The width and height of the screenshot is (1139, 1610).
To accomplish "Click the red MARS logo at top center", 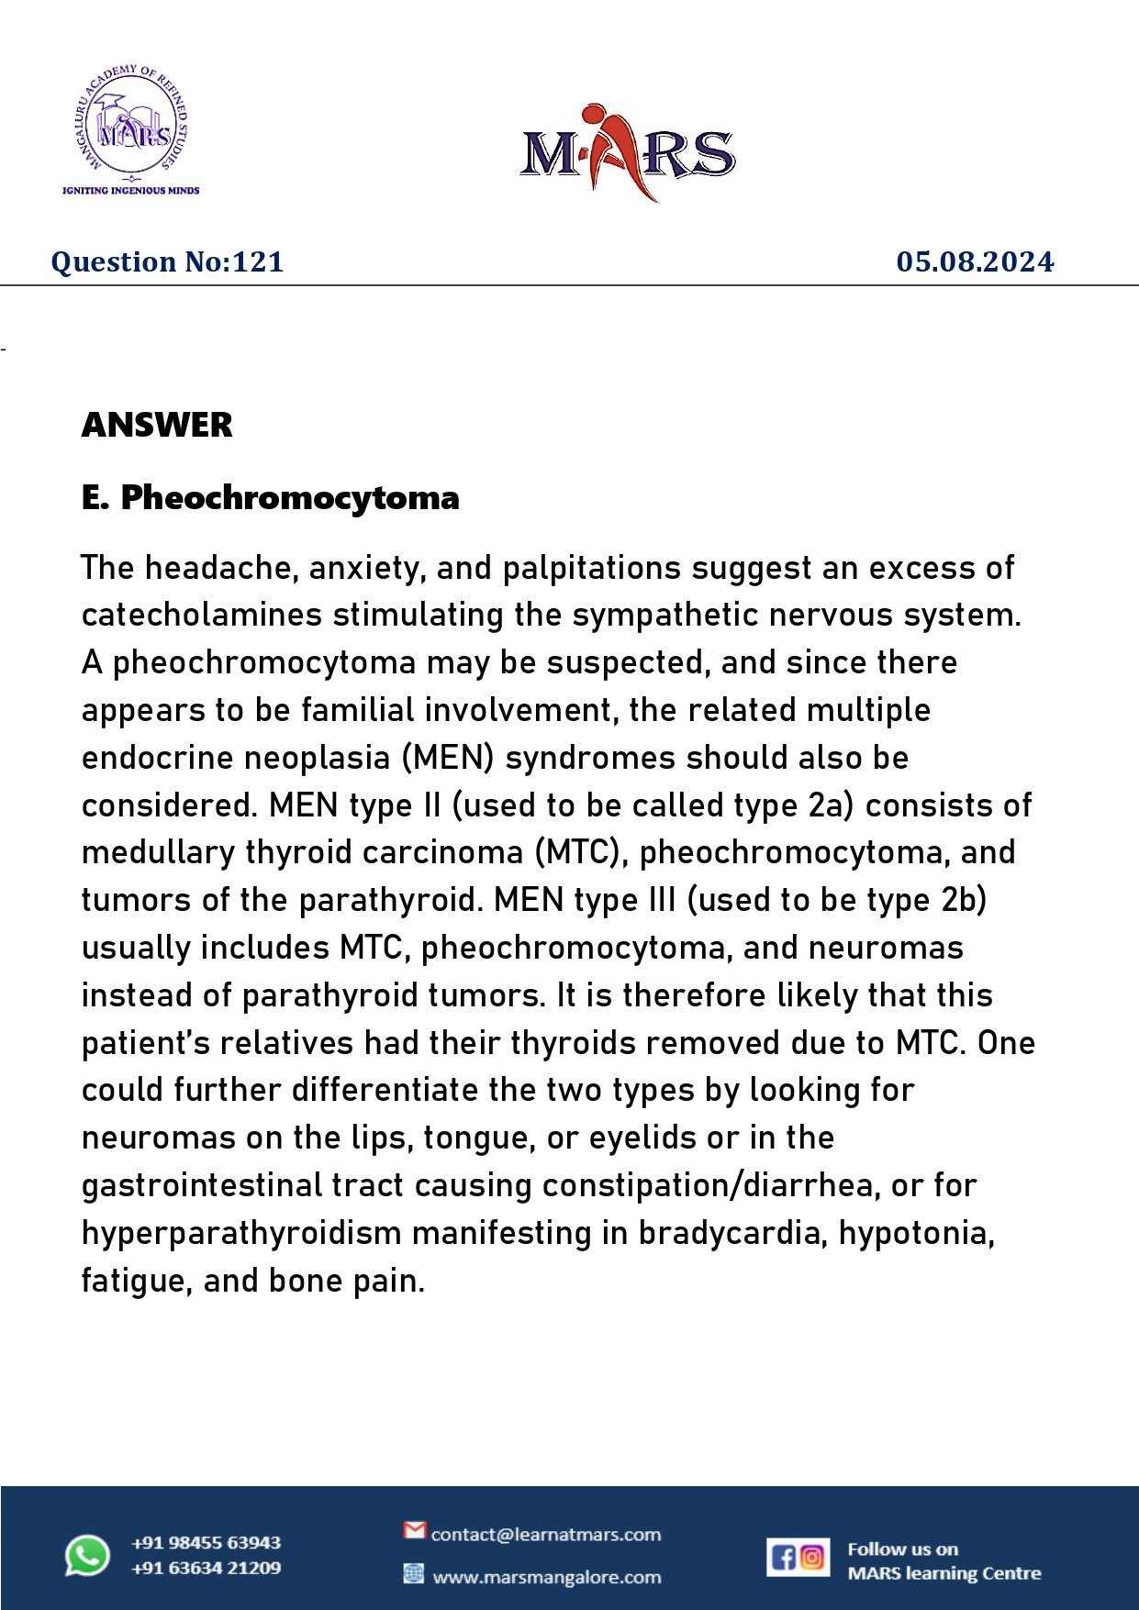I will [x=628, y=152].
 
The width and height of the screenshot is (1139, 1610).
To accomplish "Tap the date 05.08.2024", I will [x=975, y=262].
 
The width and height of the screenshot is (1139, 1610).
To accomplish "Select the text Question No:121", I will [x=167, y=262].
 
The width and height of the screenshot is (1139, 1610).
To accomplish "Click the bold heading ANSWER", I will [x=157, y=425].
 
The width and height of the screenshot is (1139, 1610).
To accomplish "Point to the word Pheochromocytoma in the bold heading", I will [x=290, y=497].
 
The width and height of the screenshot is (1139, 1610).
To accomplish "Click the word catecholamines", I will [x=201, y=615].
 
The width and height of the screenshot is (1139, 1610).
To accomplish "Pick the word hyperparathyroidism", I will [x=241, y=1233].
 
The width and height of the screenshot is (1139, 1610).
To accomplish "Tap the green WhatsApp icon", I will [x=87, y=1556].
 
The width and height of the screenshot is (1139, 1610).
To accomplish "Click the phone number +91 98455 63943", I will [x=206, y=1543].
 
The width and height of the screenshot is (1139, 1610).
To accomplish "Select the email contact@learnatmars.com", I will [x=546, y=1535].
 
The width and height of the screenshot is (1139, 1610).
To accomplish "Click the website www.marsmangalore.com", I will [x=546, y=1578].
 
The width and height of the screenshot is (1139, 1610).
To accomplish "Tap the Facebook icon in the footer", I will [x=783, y=1558].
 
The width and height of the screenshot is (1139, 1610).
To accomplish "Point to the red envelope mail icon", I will [x=415, y=1530].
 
